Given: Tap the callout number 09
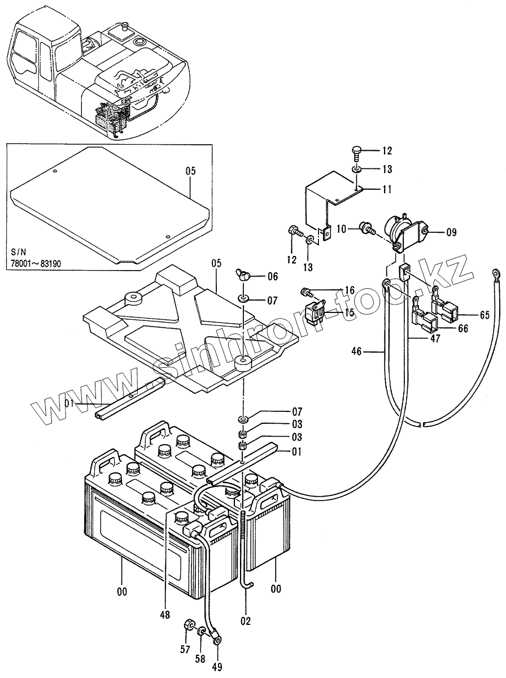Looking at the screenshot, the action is (451, 232).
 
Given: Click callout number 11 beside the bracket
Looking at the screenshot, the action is (386, 189).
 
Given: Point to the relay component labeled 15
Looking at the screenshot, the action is (315, 315).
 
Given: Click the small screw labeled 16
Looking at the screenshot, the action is (306, 291).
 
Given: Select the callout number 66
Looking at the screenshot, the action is (463, 328).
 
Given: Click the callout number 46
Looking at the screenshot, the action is (356, 351).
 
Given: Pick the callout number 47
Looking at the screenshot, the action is (435, 339).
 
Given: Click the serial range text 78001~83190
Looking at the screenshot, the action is (36, 263).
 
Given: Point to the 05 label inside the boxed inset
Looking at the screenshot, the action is (191, 171).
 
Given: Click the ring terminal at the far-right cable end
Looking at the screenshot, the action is (496, 273).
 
